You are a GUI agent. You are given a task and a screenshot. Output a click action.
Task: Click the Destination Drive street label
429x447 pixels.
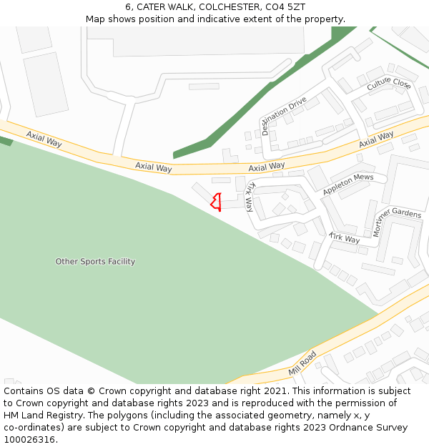284,115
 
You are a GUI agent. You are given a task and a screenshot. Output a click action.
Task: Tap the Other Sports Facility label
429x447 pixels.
95,262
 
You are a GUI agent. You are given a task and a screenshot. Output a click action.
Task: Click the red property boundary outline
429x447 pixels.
216,202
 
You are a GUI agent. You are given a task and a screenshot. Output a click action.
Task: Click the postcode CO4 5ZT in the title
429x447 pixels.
285,7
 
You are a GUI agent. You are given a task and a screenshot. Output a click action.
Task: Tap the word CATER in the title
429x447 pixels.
149,7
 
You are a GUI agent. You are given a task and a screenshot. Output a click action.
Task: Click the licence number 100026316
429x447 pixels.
31,440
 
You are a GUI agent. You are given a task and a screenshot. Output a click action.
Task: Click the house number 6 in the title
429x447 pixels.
128,7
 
